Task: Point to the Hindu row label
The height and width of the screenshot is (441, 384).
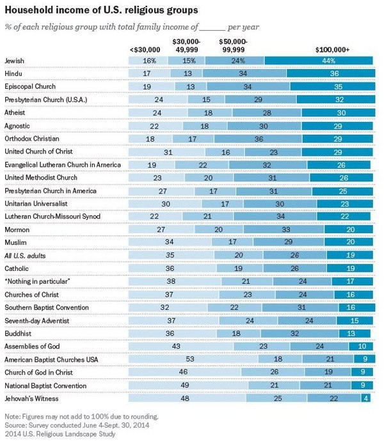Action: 15,73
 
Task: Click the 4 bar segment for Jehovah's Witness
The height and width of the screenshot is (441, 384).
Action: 365,398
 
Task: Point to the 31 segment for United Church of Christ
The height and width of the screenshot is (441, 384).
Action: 168,151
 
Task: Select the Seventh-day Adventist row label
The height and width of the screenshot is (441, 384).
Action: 36,320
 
